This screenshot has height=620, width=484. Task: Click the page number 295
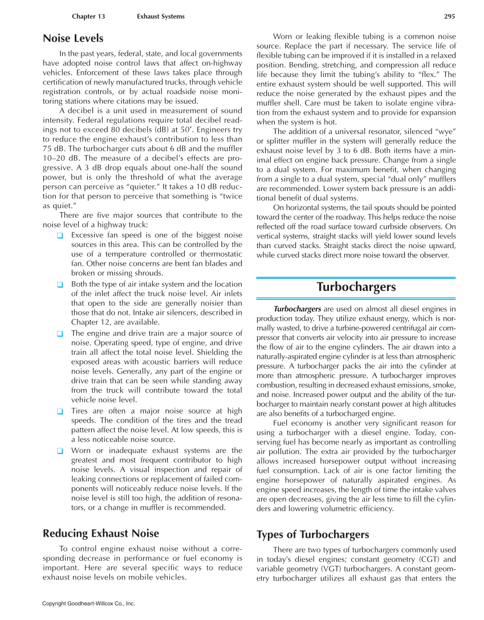coord(449,17)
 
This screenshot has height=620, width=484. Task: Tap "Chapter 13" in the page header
coord(88,17)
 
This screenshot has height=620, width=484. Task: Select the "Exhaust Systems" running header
coord(160,17)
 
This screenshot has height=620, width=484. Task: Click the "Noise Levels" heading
coord(73,39)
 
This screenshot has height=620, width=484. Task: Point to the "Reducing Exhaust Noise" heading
coord(101,533)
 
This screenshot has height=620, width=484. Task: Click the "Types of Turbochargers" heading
coord(313,534)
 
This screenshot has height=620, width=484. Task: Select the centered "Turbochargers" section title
coord(356,286)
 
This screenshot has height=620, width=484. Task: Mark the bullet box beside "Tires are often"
coord(60,411)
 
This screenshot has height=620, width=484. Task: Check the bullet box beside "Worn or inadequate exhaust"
coord(60,451)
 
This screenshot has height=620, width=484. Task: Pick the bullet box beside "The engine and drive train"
coord(60,334)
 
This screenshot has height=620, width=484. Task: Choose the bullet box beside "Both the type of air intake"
coord(60,284)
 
